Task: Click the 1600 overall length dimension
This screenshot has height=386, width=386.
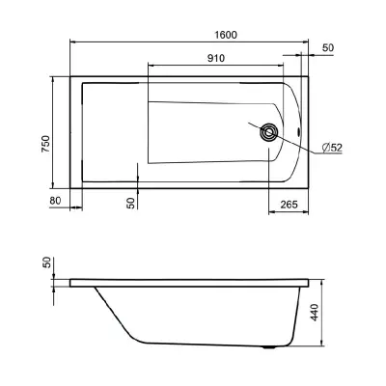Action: [226, 35]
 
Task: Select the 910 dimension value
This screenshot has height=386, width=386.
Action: [215, 58]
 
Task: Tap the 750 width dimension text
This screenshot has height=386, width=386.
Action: [46, 144]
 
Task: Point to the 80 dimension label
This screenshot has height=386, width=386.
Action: [55, 201]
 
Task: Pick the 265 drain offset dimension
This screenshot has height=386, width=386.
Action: [289, 205]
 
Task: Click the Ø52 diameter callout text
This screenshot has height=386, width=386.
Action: [332, 148]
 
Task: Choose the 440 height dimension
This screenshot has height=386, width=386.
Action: [315, 312]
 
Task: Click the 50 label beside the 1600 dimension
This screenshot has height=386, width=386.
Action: [328, 48]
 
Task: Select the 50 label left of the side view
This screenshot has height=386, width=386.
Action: [47, 262]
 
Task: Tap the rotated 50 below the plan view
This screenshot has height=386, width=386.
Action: [131, 203]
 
